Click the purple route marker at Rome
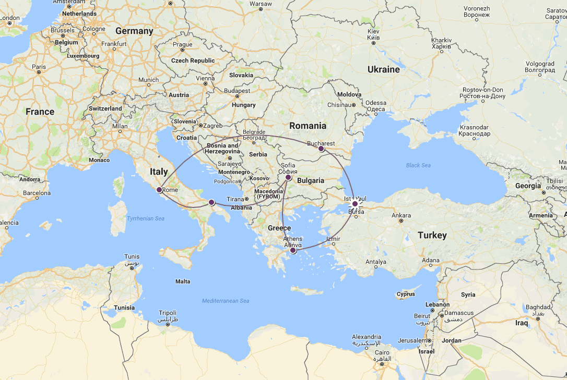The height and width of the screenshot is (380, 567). (159, 190)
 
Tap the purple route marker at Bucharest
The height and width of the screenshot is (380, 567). (321, 149)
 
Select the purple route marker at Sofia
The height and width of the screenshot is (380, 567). (288, 178)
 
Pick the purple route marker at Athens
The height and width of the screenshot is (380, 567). (293, 251)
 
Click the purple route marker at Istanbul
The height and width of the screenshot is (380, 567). (355, 204)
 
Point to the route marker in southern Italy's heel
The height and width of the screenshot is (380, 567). (211, 202)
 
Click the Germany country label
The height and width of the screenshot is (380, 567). (134, 31)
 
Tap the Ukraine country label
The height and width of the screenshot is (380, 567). (383, 69)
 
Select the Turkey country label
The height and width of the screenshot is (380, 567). (432, 236)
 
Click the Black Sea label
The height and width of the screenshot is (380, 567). (418, 165)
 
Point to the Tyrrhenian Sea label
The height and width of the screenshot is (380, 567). (146, 218)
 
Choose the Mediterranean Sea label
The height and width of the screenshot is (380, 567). (226, 301)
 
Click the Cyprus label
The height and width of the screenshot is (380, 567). (406, 294)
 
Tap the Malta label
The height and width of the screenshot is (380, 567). (183, 281)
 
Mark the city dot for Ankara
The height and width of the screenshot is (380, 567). (400, 221)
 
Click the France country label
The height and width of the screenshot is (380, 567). (40, 112)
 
